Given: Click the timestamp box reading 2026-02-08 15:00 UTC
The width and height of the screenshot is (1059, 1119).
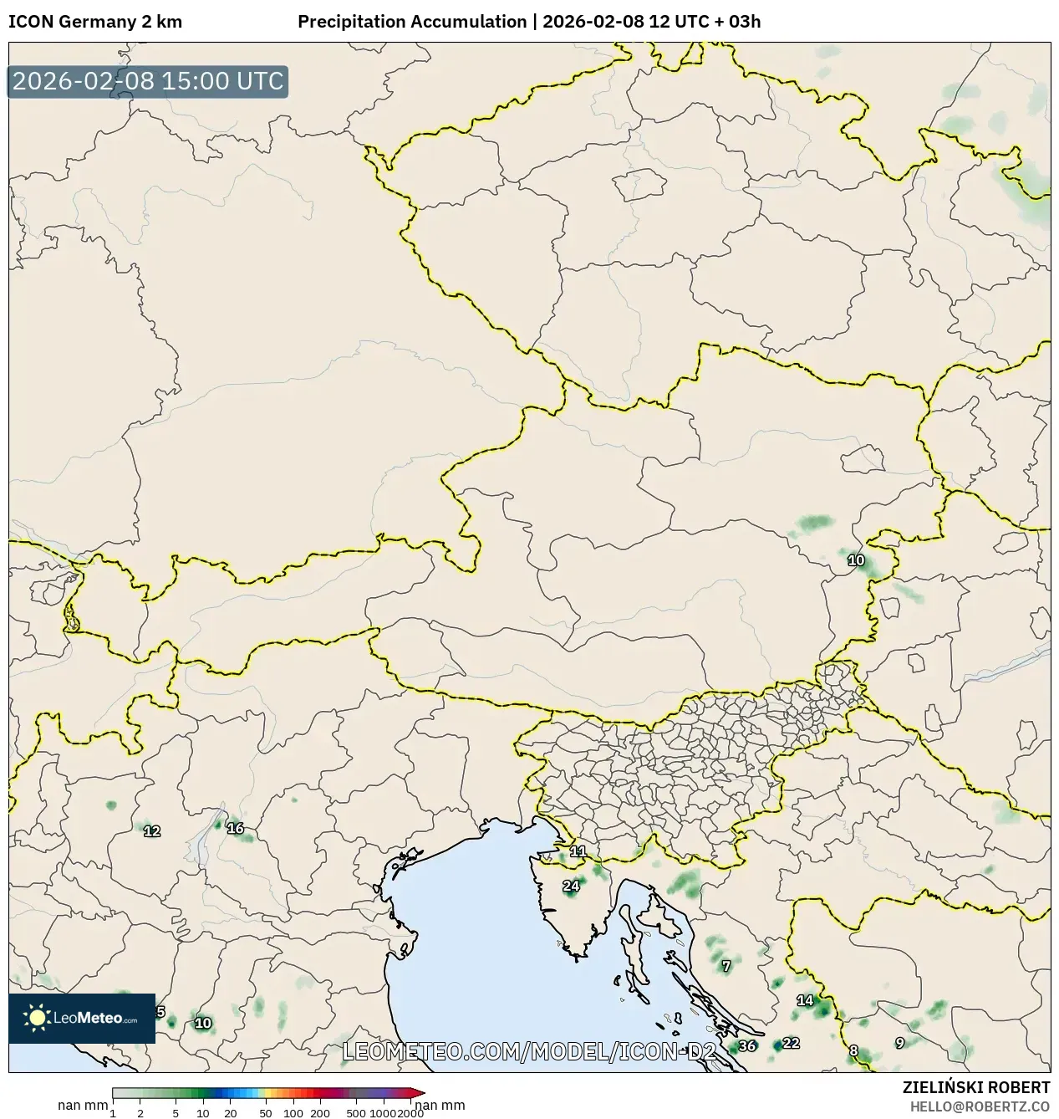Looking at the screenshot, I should (148, 81).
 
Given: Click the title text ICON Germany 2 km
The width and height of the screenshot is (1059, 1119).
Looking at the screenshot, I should (95, 22).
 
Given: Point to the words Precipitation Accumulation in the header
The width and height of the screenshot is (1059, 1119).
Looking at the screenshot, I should (412, 22).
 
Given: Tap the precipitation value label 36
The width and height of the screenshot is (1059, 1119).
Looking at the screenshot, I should (747, 1045).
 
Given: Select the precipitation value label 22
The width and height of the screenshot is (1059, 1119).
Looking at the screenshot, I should (791, 1043).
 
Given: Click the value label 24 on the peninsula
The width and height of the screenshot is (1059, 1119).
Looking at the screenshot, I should (571, 886).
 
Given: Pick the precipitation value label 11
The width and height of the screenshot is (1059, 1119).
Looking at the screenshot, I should (578, 851).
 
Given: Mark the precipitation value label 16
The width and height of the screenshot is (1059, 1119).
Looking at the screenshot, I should (235, 828).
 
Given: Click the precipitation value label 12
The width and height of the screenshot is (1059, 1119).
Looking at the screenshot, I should (152, 830).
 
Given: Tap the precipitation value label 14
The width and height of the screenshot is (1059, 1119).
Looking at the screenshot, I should (805, 1000).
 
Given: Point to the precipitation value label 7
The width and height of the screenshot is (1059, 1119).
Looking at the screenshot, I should (726, 966).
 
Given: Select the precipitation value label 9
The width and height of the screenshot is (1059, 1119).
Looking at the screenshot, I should (899, 1043).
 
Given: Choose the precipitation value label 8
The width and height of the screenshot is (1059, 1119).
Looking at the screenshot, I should (853, 1051).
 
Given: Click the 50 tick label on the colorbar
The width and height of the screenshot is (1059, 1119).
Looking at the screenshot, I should (266, 1113).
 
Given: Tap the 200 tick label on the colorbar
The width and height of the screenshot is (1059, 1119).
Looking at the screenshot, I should (320, 1113).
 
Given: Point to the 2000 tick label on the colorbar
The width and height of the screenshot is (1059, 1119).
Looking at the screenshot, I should (410, 1113).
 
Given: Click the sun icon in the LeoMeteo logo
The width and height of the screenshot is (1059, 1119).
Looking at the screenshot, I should (38, 1018).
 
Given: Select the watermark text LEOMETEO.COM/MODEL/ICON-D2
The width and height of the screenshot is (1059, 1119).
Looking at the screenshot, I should (529, 1051).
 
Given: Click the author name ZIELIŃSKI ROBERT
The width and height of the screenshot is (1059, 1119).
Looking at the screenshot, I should (975, 1087).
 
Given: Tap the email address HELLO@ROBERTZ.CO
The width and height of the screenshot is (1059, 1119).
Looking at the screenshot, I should (980, 1106).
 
